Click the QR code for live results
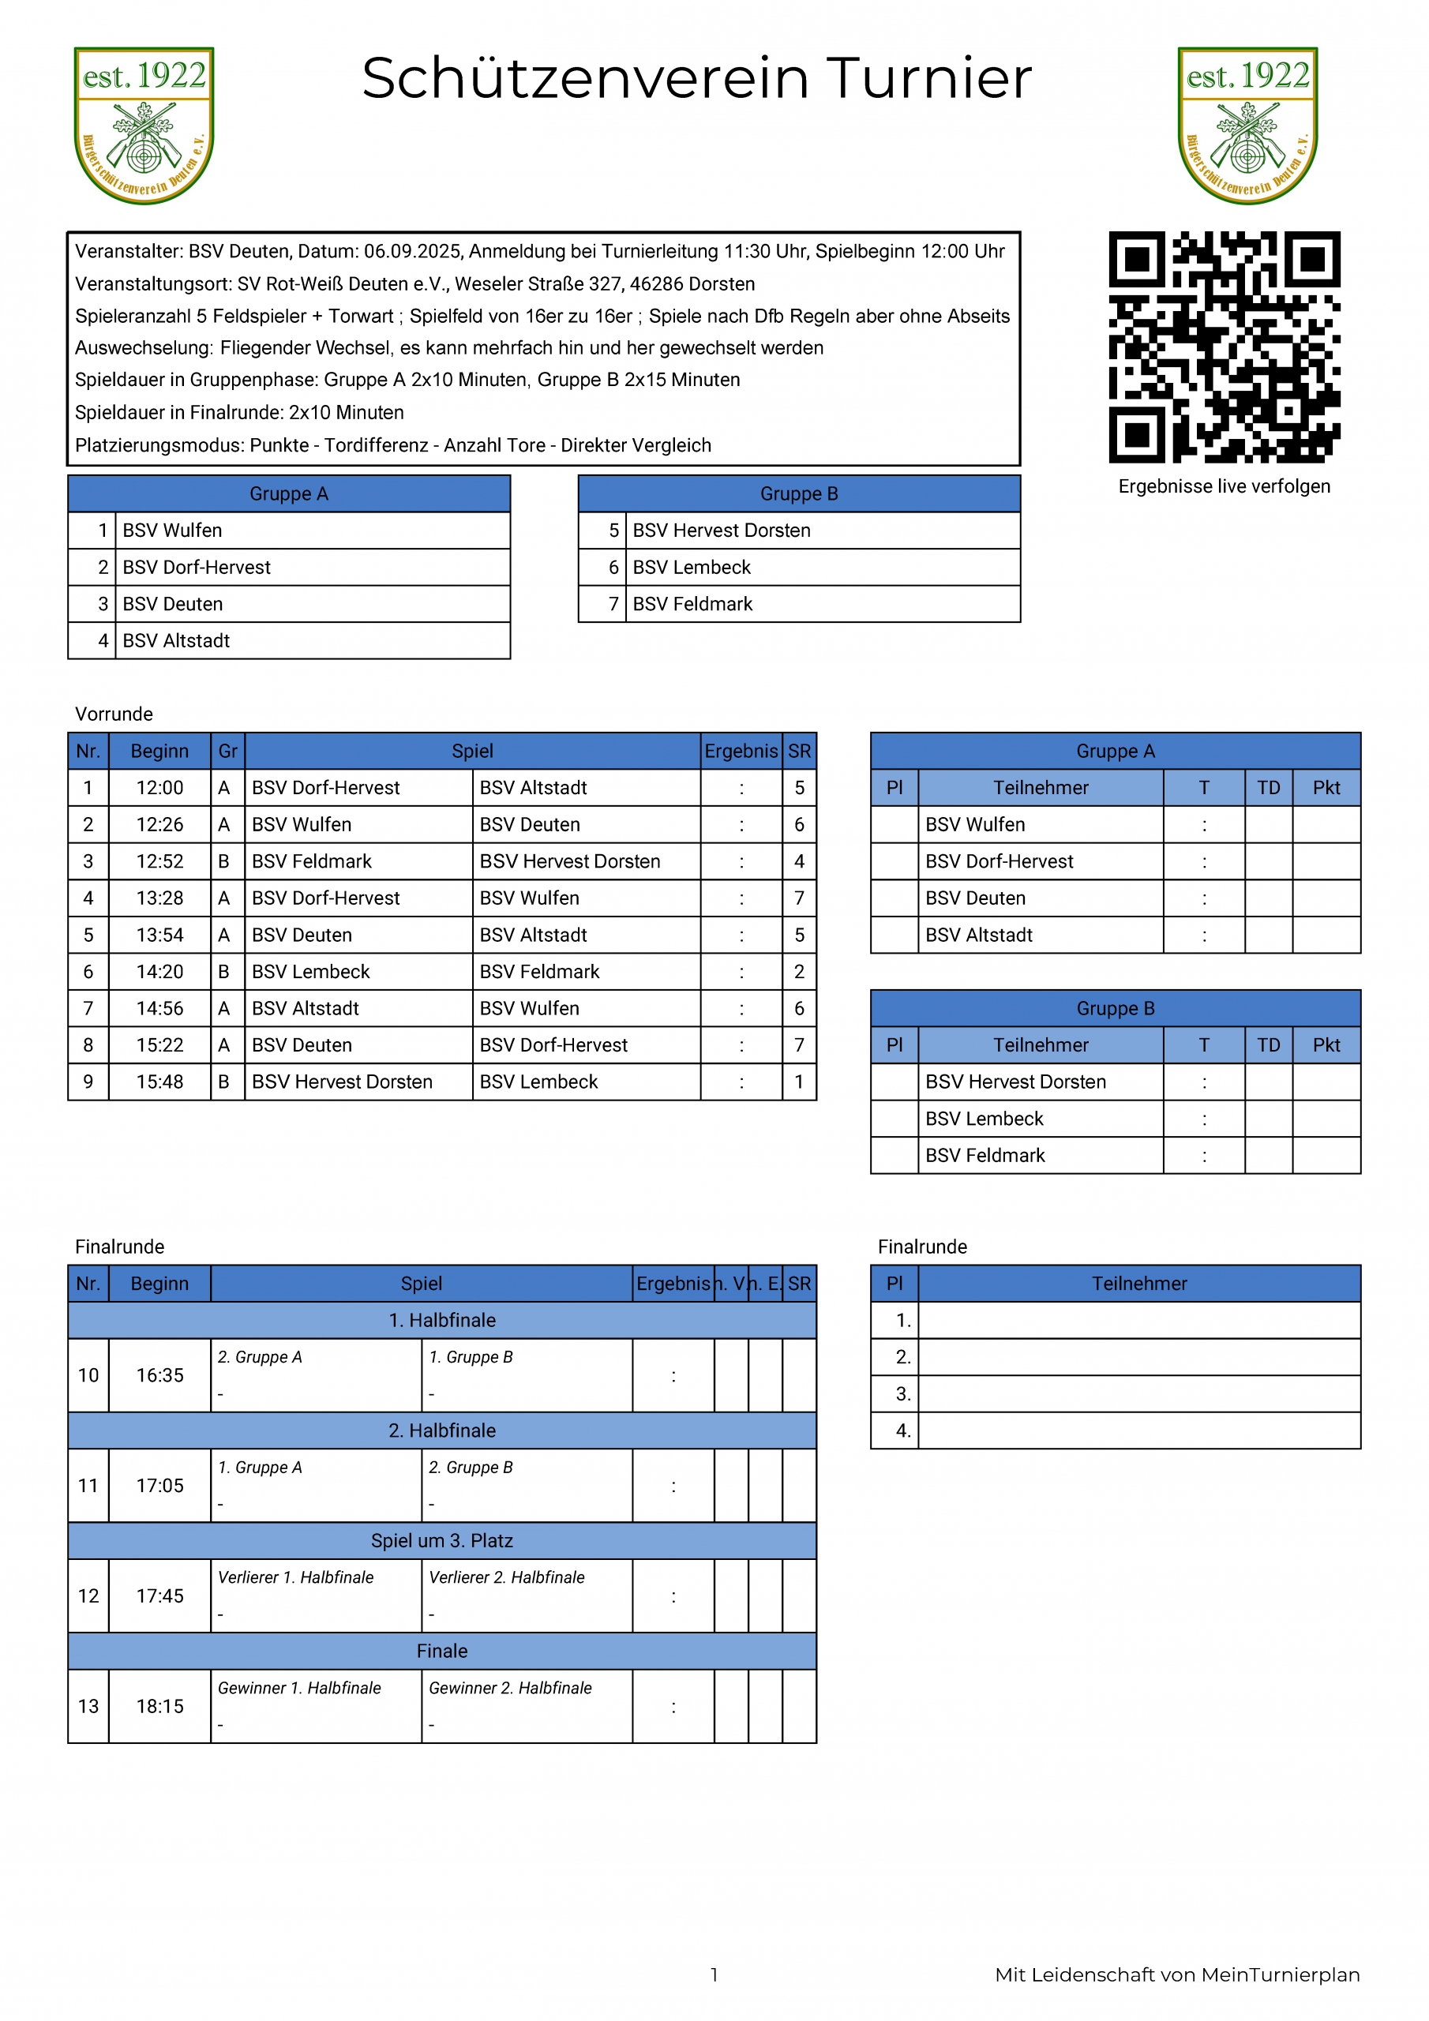[x=1224, y=347]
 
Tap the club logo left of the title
[x=144, y=126]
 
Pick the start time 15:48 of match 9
[x=159, y=1082]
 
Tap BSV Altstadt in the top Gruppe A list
[x=176, y=641]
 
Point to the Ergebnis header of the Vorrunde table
[x=741, y=751]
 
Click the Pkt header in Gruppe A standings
[x=1326, y=788]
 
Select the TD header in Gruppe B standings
[x=1268, y=1044]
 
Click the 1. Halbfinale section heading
[x=442, y=1320]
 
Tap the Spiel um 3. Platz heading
[x=442, y=1540]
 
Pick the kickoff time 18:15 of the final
[x=159, y=1706]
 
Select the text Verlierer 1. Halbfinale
[x=296, y=1577]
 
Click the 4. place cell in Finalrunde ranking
[x=902, y=1430]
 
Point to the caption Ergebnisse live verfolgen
[x=1224, y=487]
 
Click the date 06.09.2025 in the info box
[x=412, y=252]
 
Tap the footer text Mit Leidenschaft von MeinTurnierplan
[x=1176, y=1974]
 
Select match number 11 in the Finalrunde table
[x=88, y=1486]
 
